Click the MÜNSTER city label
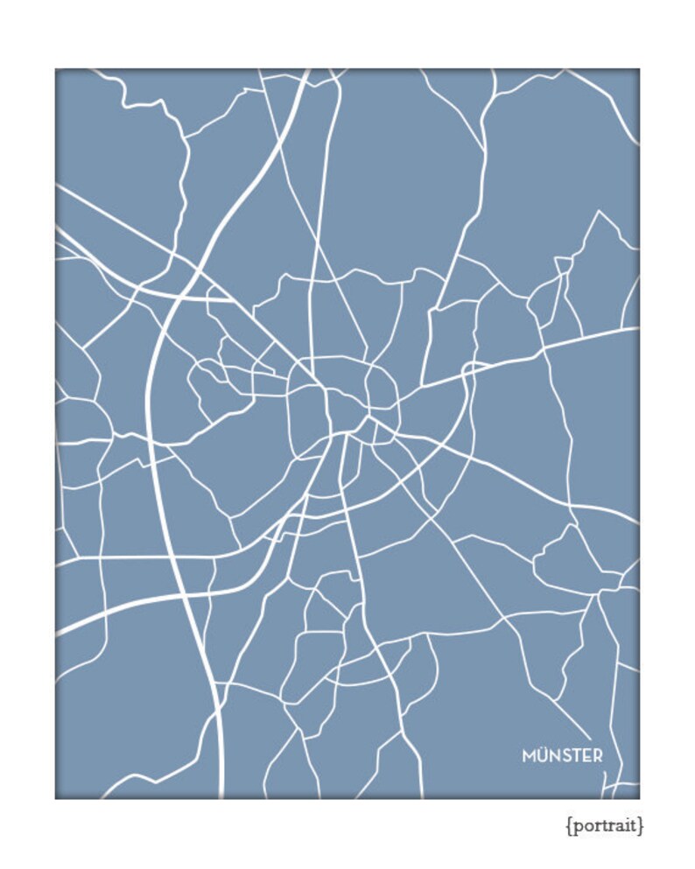pos(562,755)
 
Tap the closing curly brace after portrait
pos(642,825)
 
